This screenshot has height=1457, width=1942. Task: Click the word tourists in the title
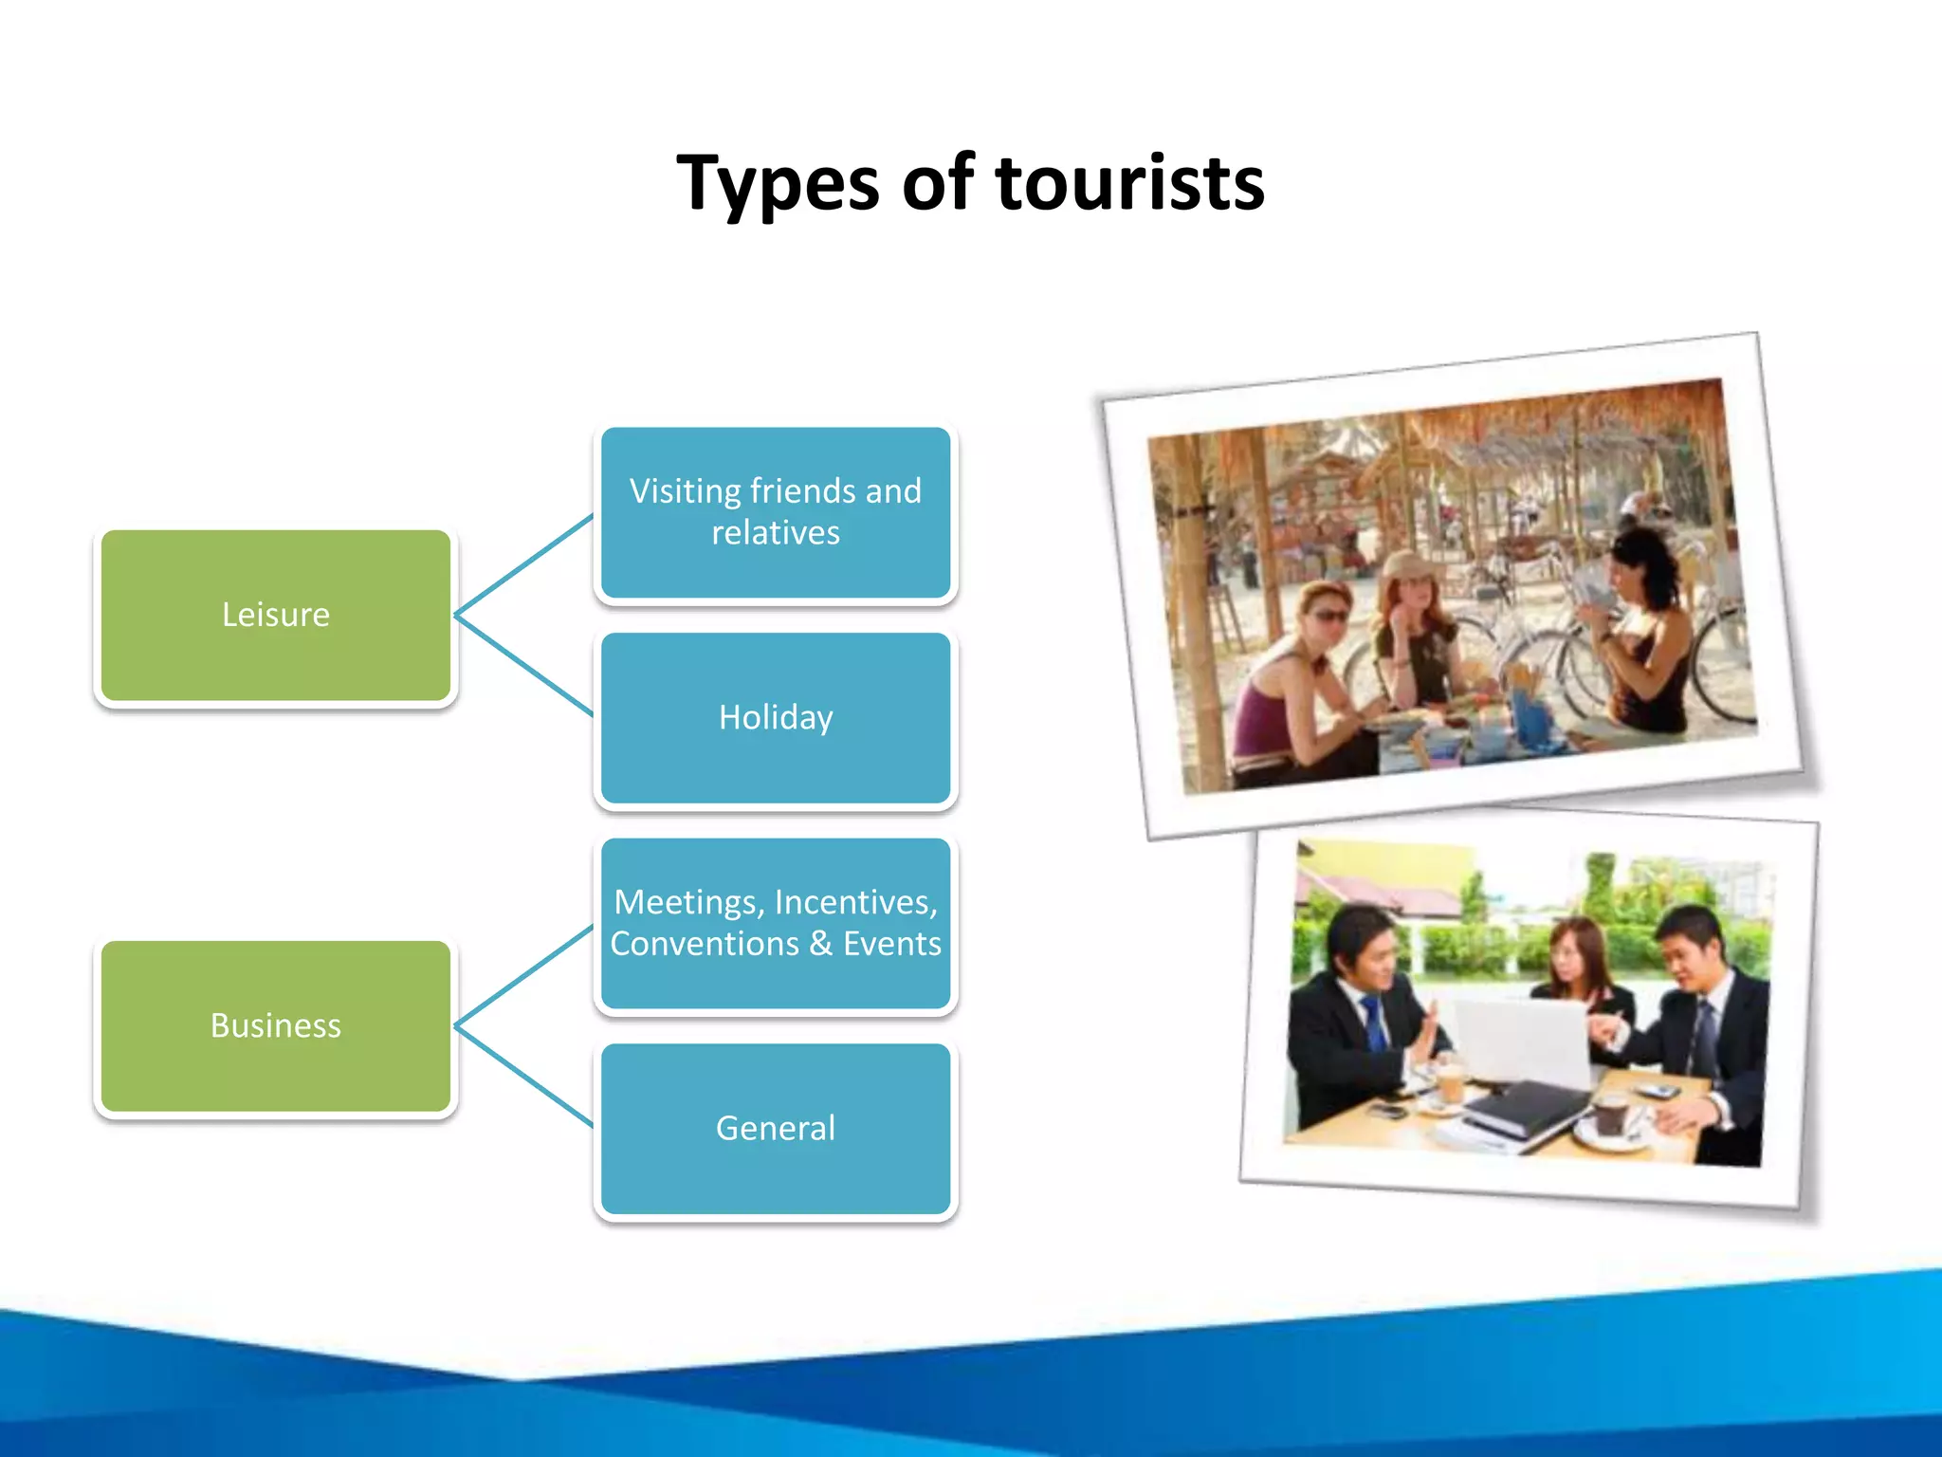[x=1130, y=183]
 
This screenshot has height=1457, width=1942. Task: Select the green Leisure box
[x=276, y=616]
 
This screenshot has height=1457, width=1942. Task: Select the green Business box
[x=276, y=1026]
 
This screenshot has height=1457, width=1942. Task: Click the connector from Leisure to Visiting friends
[x=524, y=565]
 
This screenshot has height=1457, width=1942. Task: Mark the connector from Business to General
[x=524, y=1077]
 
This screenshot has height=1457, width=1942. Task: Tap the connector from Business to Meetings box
[x=524, y=977]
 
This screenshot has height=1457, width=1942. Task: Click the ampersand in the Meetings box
[x=821, y=944]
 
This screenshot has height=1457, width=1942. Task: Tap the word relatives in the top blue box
[x=776, y=533]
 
